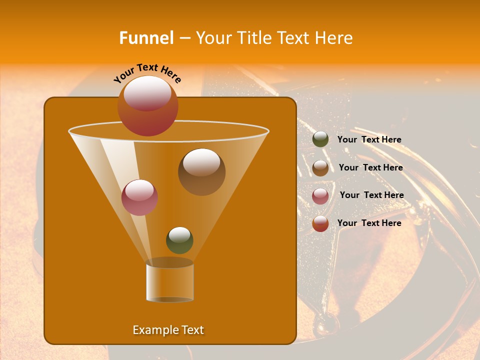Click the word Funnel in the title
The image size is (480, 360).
[146, 38]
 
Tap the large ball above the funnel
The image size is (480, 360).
[148, 106]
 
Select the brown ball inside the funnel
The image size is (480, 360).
[202, 172]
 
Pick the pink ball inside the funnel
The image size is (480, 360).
[140, 197]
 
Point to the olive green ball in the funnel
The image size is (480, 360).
[179, 240]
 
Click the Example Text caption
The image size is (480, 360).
[168, 330]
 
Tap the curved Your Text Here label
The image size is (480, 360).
[147, 73]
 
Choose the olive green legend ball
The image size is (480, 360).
[320, 139]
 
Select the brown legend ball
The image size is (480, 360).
[320, 168]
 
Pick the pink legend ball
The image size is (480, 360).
[320, 196]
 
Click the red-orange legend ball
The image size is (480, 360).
[320, 223]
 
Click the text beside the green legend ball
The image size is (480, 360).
[369, 140]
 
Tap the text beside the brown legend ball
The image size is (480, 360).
[370, 168]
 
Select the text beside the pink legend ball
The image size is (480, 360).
[371, 195]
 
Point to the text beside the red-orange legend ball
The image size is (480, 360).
[369, 223]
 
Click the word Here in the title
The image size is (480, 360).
[334, 38]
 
